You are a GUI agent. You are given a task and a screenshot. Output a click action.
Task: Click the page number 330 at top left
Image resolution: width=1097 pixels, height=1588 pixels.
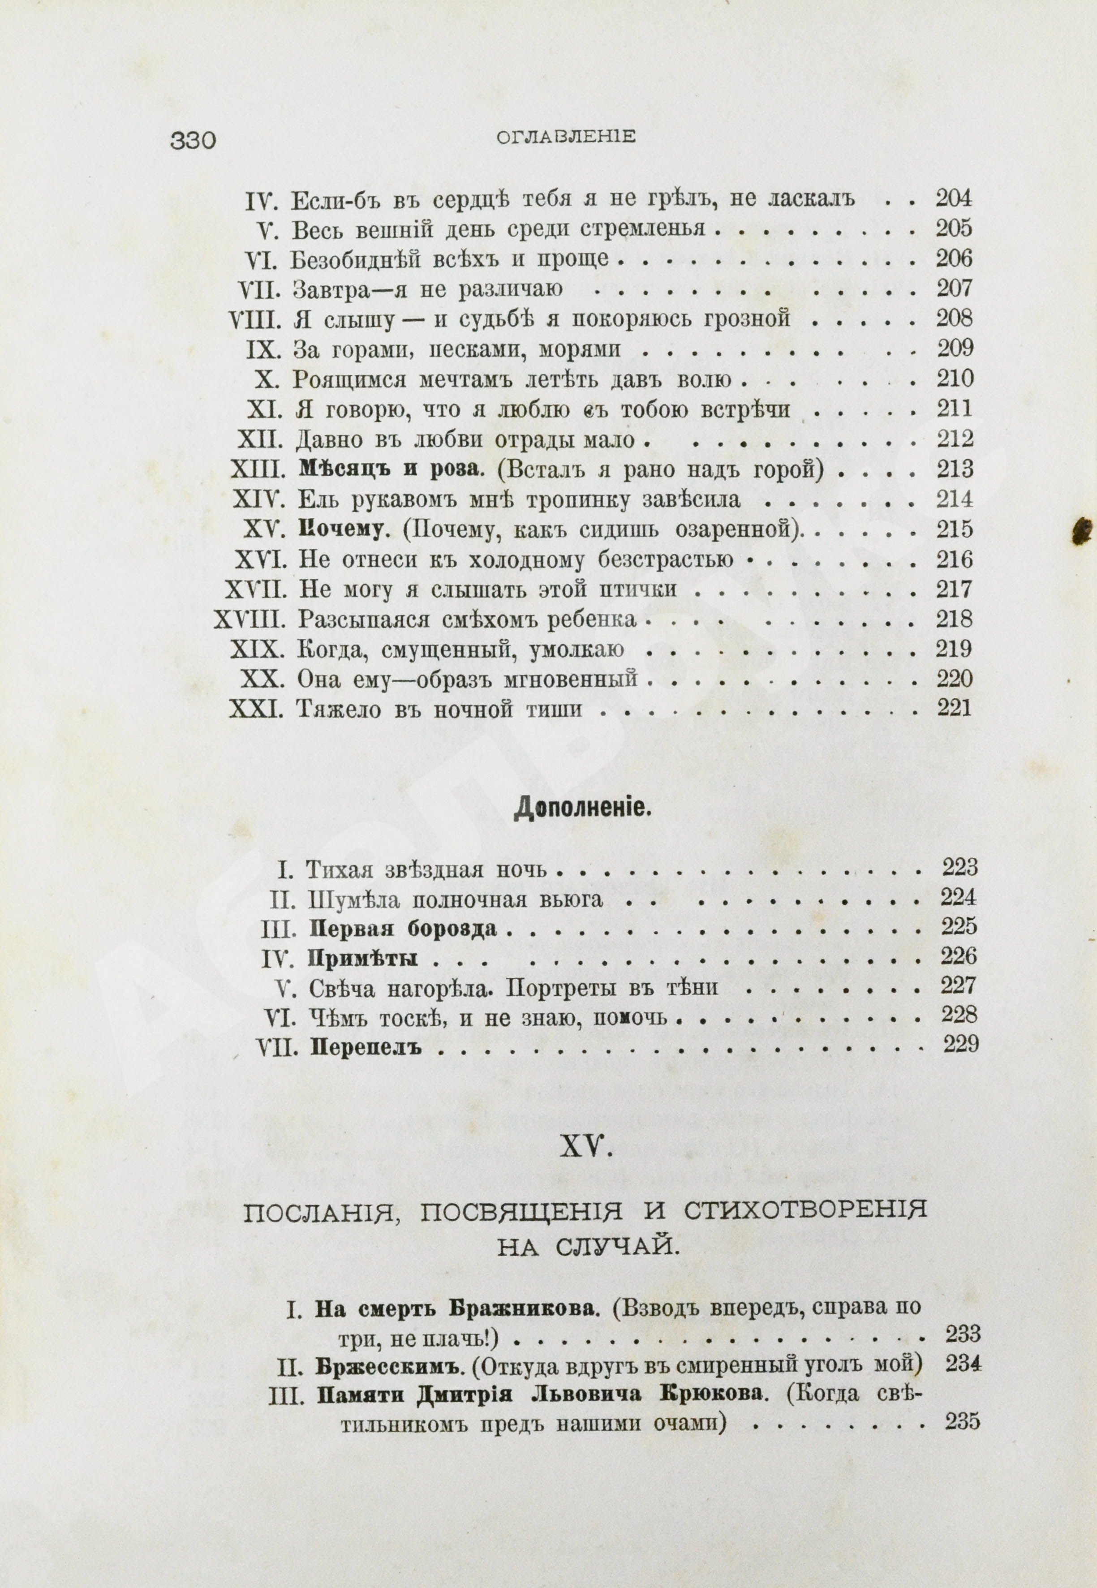click(x=193, y=140)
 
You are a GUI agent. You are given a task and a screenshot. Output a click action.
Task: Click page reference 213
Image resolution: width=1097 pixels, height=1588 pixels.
click(x=955, y=469)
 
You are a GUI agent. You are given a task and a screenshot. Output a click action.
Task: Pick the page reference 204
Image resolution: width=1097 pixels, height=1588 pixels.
click(x=954, y=199)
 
